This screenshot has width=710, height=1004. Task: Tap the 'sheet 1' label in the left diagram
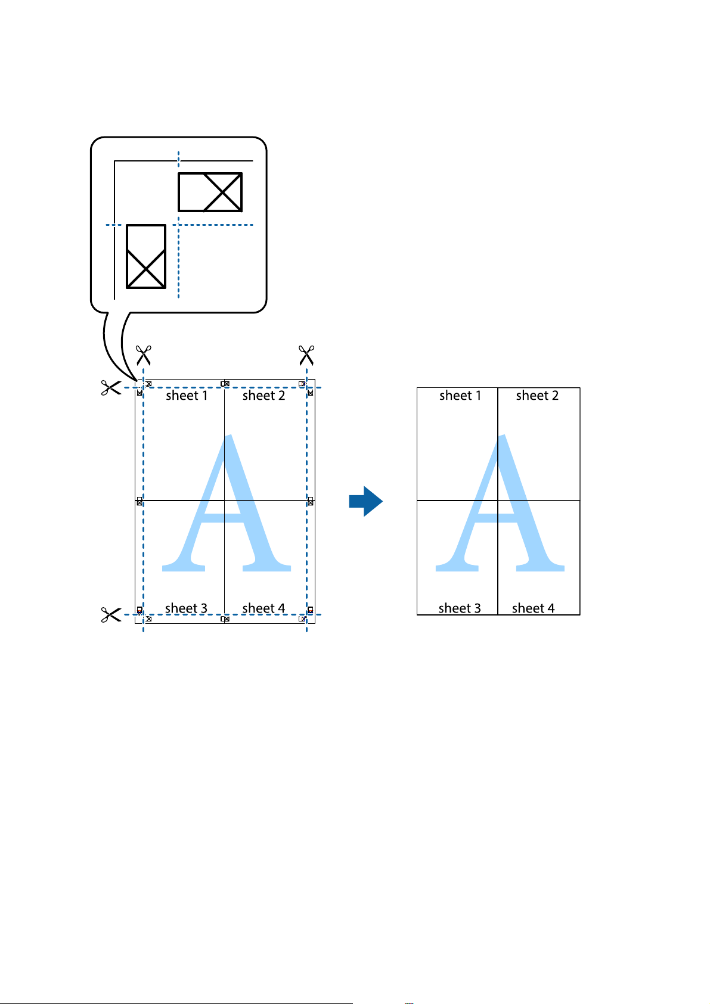click(187, 396)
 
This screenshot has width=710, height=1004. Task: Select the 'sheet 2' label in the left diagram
click(263, 396)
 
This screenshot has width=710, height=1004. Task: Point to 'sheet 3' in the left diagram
click(186, 608)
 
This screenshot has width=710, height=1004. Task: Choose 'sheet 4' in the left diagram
click(263, 608)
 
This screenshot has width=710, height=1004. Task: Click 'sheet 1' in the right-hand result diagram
click(460, 396)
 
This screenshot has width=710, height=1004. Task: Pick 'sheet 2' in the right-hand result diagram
click(537, 396)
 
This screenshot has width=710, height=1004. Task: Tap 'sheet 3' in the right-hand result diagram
click(459, 608)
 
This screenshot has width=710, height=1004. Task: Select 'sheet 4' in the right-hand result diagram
click(533, 608)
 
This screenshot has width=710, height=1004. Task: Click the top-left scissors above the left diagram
click(143, 355)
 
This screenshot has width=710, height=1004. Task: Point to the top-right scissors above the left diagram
click(306, 355)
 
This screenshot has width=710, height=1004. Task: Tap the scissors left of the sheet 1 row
click(110, 388)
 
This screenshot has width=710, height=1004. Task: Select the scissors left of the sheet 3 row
click(110, 615)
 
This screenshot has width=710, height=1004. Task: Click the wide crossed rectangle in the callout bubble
click(210, 192)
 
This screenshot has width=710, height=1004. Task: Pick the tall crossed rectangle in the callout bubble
click(146, 256)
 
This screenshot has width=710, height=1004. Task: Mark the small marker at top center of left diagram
click(225, 384)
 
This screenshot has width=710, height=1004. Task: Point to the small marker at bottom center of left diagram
click(225, 620)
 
